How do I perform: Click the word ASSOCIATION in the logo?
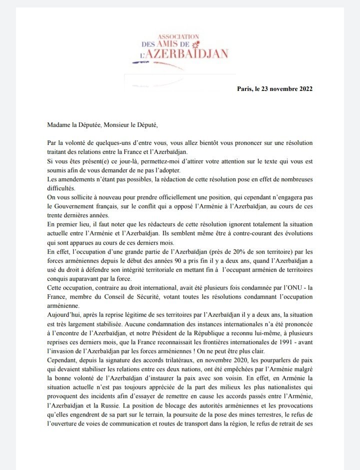point(178,37)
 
